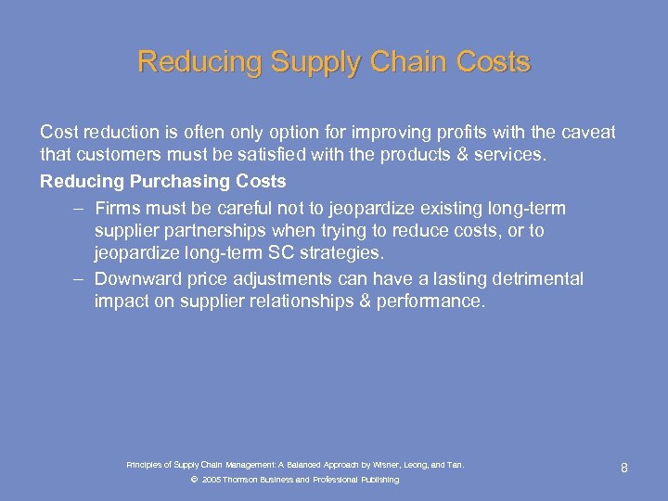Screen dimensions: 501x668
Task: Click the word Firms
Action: coord(118,208)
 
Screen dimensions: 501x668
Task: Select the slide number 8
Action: coord(624,469)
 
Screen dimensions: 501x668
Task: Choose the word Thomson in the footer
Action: coord(240,480)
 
